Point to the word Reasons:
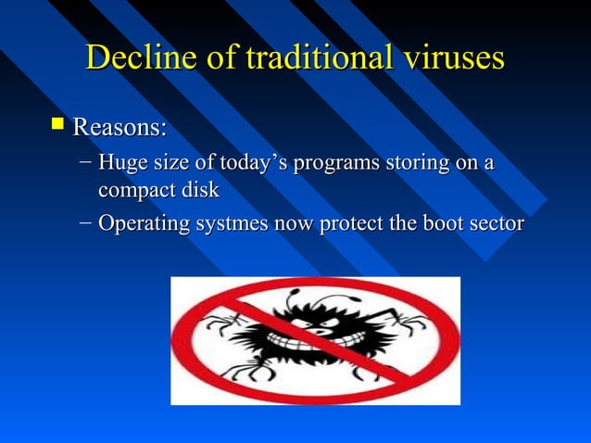click(119, 124)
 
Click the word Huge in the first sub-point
click(121, 164)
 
